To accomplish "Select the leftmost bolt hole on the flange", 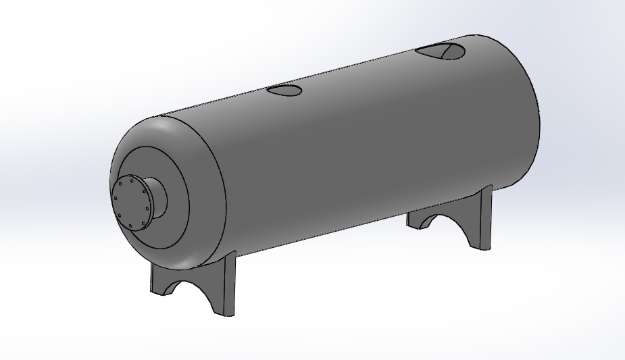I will tap(116, 199).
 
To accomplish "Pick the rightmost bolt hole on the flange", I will tap(148, 208).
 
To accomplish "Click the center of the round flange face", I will tap(132, 203).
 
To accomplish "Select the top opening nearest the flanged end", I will tap(286, 91).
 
